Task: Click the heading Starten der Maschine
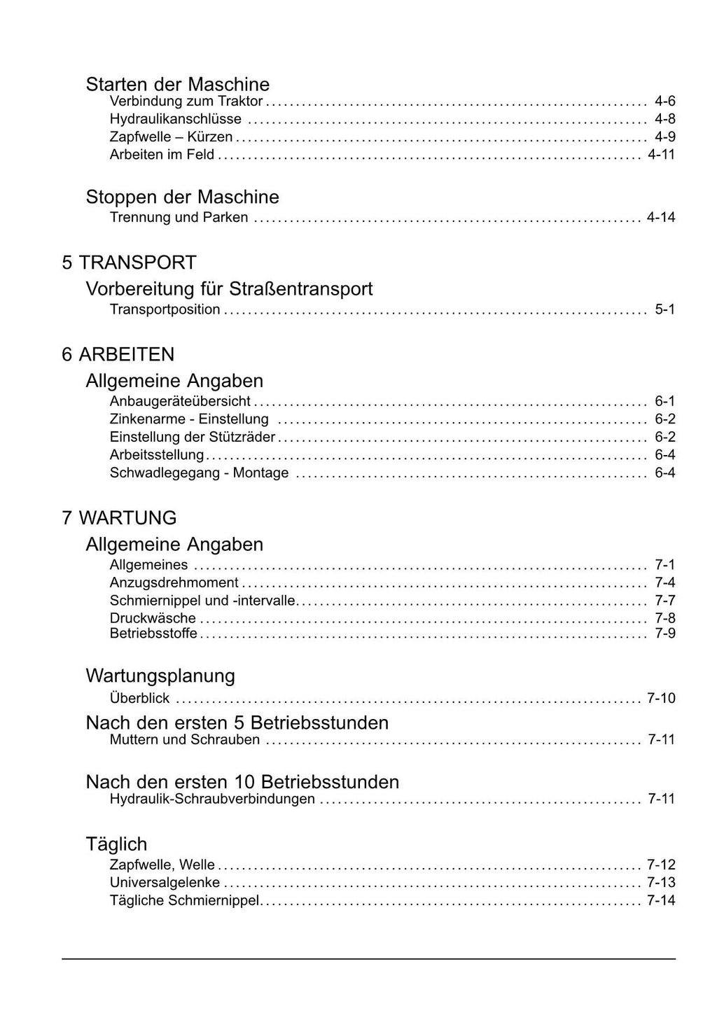tap(177, 84)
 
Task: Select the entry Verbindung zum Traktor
tap(186, 102)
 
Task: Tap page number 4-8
tap(664, 119)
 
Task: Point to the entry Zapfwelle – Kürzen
tap(171, 137)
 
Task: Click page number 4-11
tap(661, 154)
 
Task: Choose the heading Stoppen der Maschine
tap(182, 197)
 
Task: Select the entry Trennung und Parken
tap(179, 217)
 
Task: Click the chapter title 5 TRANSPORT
tap(129, 263)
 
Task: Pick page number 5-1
tap(664, 309)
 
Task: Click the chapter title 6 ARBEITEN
tap(118, 354)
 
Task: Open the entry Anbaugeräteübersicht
tap(180, 401)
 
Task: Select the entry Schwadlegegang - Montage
tap(199, 473)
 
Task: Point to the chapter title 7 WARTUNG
tap(119, 518)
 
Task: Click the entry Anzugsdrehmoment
tap(174, 582)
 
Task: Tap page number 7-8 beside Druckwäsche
tap(664, 618)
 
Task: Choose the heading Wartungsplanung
tap(160, 676)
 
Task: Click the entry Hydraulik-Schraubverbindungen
tap(212, 799)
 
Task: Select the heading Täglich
tap(116, 844)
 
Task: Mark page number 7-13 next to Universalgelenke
tap(661, 882)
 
